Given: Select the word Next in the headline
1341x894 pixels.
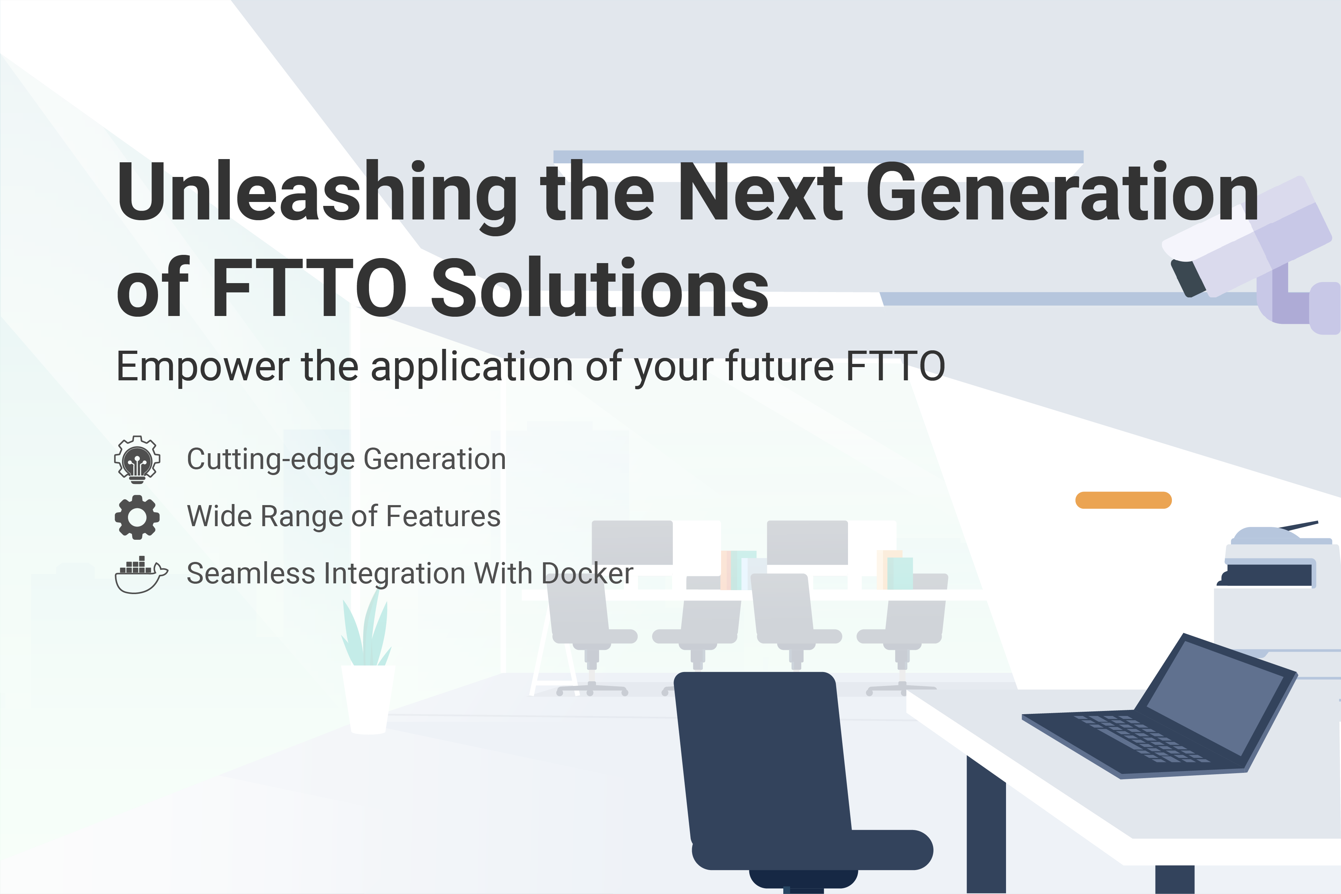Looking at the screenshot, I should [760, 193].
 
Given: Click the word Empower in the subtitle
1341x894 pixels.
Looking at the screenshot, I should [202, 367].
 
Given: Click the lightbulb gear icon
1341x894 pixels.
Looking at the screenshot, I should [137, 459].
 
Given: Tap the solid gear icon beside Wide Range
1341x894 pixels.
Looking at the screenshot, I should [137, 517].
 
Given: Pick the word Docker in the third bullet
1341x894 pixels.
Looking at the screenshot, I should [587, 574].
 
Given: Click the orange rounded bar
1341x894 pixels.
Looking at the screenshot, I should [1123, 500].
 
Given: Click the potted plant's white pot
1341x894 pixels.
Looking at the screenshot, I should [368, 698].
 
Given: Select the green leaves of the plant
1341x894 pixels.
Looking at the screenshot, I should [366, 633].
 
